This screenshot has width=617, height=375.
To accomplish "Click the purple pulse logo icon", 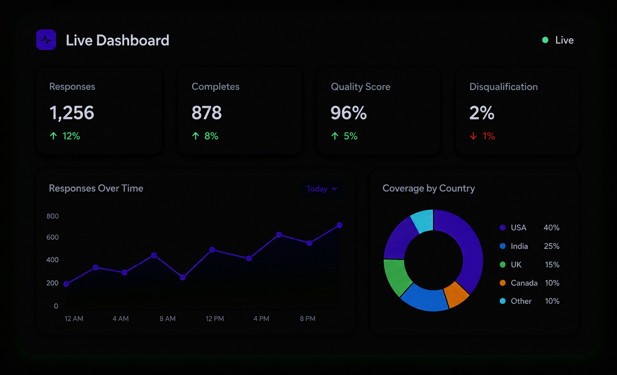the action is click(x=46, y=40).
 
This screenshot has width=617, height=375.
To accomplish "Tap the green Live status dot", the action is click(x=545, y=40).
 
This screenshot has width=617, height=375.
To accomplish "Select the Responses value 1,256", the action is click(x=72, y=113).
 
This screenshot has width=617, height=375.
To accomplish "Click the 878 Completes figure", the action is click(x=207, y=112).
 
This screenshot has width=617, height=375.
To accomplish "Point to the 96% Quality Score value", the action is click(x=349, y=112).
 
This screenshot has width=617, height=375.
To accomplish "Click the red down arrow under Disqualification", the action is click(x=473, y=136).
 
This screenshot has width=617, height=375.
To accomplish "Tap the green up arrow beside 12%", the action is click(x=53, y=136).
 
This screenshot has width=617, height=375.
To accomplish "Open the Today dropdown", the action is click(x=322, y=189).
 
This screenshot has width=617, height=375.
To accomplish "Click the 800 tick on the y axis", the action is click(x=53, y=216).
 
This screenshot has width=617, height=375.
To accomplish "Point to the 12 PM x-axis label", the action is click(x=215, y=319).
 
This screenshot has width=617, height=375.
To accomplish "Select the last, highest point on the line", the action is click(x=340, y=225).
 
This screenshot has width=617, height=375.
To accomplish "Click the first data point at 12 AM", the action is click(x=66, y=284).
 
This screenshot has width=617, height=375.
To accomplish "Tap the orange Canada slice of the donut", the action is click(x=456, y=294).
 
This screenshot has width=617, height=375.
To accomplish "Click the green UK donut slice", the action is click(x=397, y=277).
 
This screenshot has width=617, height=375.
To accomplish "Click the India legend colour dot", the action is click(x=503, y=246).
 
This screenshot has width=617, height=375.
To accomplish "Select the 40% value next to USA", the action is click(x=551, y=228).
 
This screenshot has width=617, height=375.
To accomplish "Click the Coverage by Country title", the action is click(x=428, y=188).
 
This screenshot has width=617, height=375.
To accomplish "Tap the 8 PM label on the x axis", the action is click(x=308, y=319).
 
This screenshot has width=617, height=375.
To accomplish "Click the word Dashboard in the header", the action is click(x=133, y=40).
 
